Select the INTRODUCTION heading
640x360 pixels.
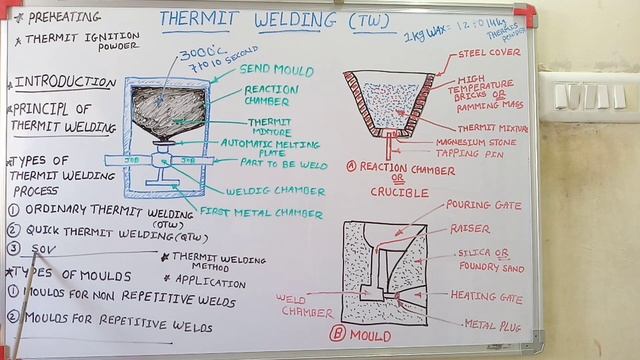65,82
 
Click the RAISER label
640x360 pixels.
469,229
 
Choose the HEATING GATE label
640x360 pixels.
486,295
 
